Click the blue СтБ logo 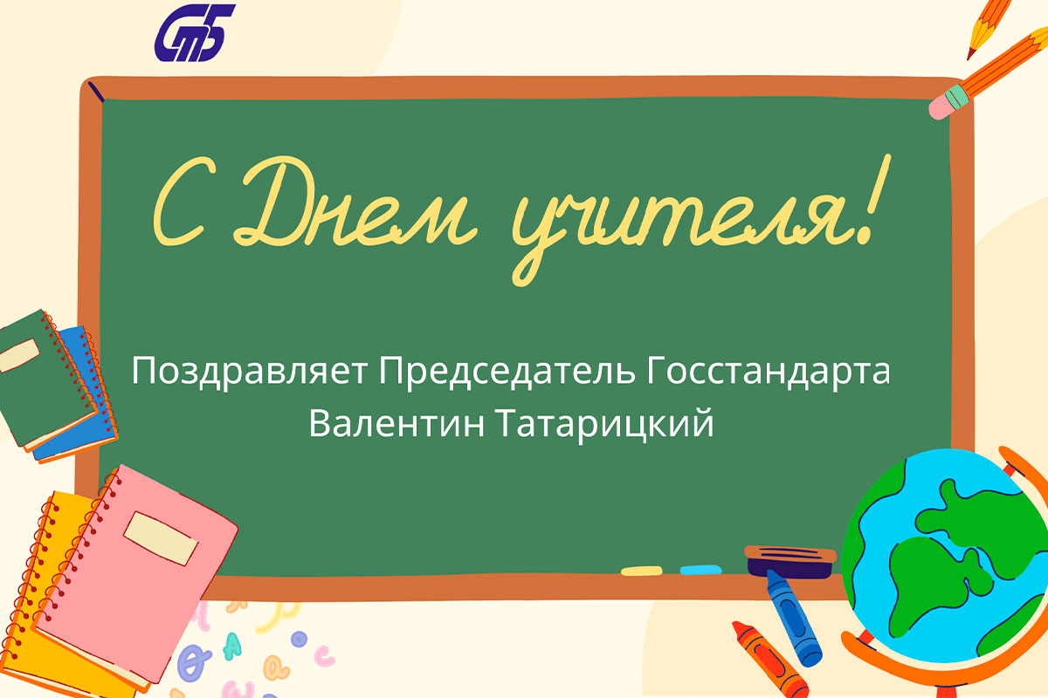(195, 33)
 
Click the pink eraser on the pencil (941, 107)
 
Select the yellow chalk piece (641, 571)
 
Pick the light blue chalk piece (700, 570)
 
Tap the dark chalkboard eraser (789, 562)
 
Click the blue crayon (794, 618)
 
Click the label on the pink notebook (161, 538)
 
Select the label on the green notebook (19, 355)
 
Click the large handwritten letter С (178, 201)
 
